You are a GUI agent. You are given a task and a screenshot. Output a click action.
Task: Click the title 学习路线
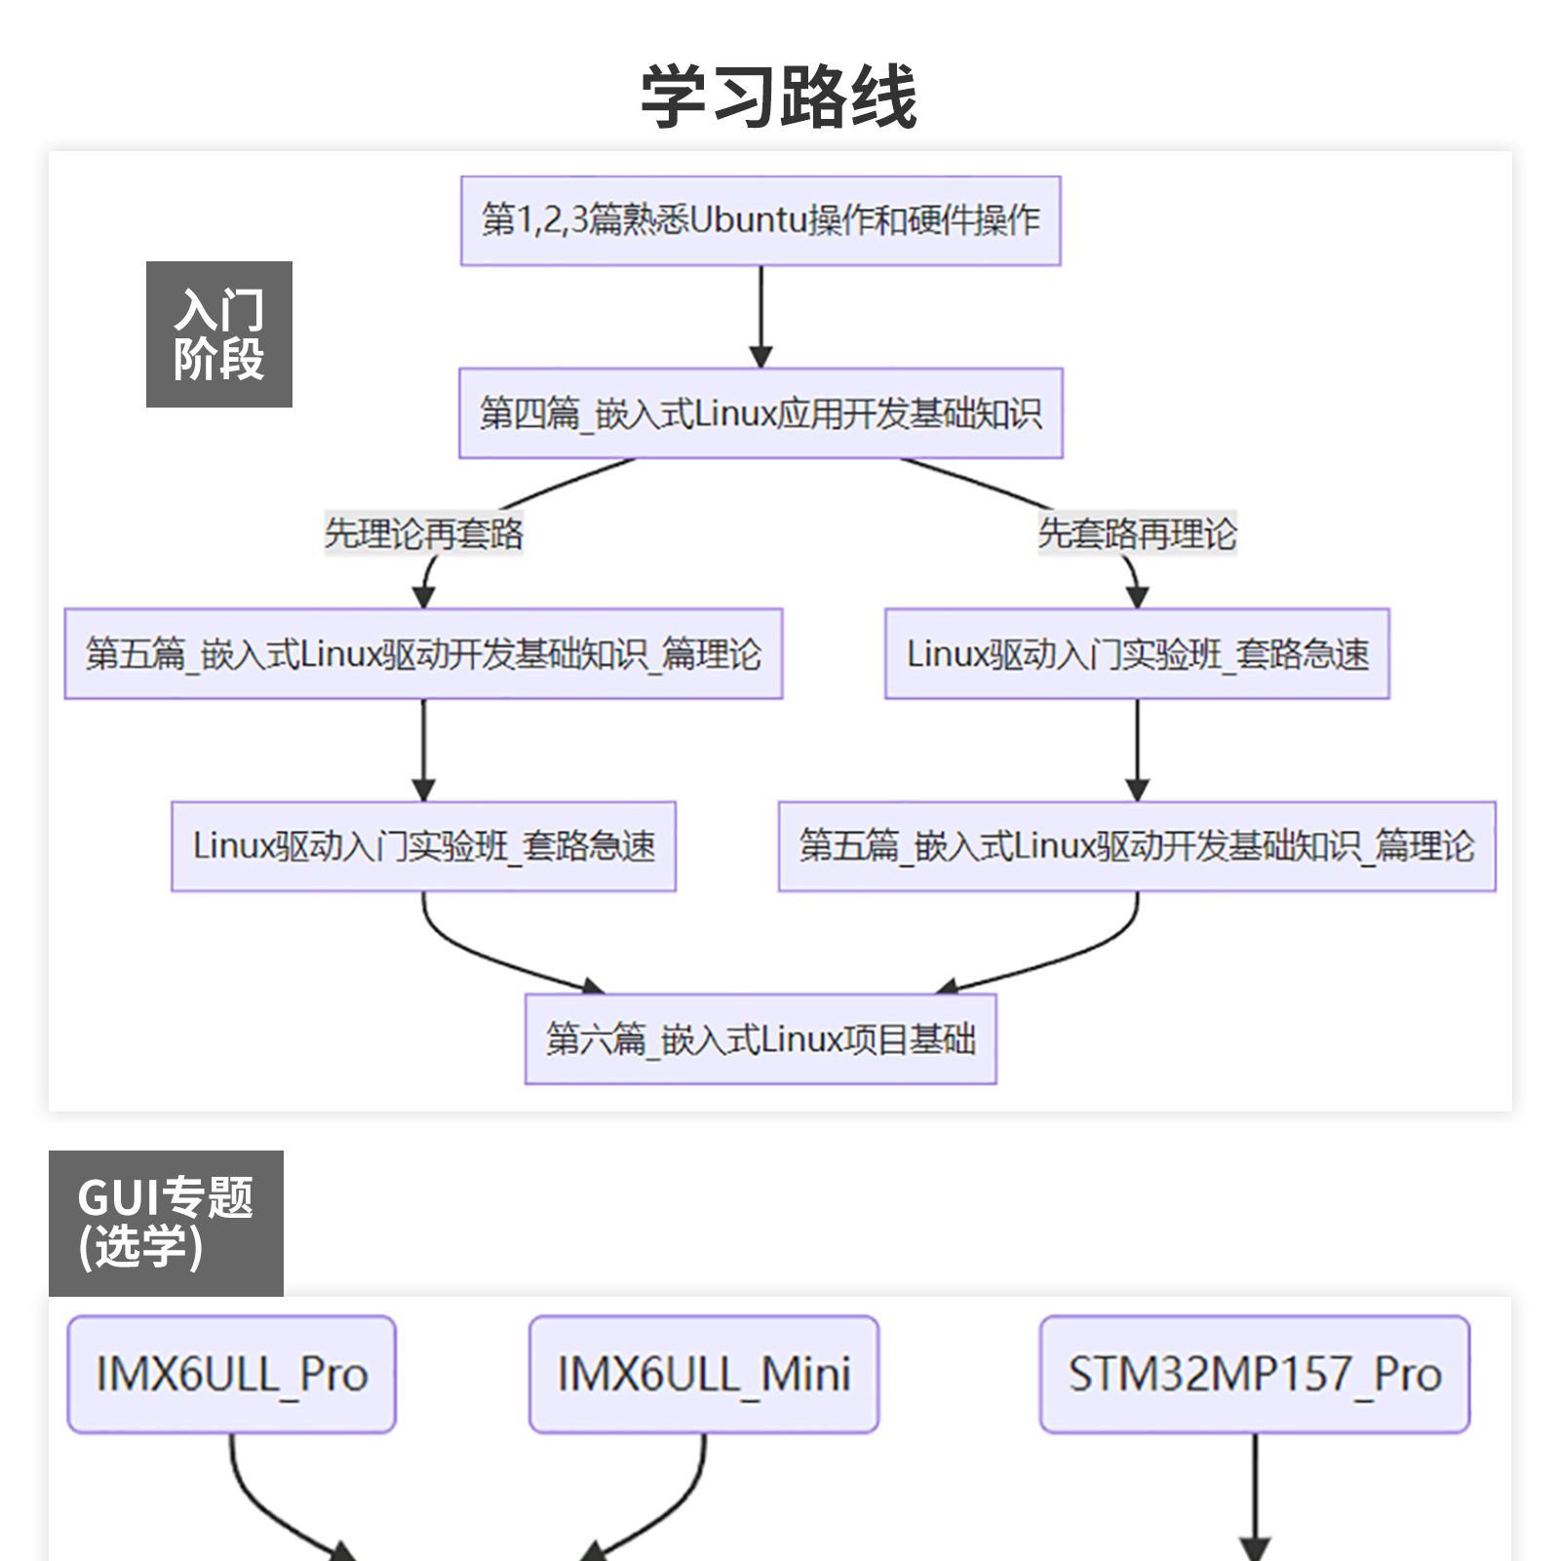click(778, 97)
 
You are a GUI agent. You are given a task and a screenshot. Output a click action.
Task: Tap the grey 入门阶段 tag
click(219, 333)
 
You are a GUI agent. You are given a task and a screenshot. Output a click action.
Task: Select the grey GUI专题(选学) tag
click(166, 1223)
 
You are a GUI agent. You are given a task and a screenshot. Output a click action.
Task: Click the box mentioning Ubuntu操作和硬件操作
click(760, 220)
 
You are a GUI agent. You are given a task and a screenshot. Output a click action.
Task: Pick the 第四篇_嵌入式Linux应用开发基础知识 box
click(760, 413)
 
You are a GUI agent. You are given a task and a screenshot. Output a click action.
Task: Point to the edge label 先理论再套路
click(423, 533)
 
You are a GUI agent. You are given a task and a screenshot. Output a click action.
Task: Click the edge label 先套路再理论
click(1137, 533)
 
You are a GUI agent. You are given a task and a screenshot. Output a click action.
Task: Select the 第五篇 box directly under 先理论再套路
click(423, 653)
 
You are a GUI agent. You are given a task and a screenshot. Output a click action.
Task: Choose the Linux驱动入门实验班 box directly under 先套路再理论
click(1137, 653)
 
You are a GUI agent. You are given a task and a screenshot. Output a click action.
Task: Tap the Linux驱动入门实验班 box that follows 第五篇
click(423, 846)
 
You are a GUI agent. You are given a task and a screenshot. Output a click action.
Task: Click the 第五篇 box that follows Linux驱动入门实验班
click(1137, 846)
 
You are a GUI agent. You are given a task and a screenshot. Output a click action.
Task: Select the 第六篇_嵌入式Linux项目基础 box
click(760, 1038)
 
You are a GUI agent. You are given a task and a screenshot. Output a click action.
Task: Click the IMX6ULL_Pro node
click(231, 1375)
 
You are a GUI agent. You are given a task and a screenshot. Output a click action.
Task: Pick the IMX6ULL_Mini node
click(703, 1375)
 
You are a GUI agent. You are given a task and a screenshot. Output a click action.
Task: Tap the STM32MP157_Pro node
click(1255, 1375)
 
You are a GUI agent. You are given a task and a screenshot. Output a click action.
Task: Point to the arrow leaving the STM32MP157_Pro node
click(1255, 1497)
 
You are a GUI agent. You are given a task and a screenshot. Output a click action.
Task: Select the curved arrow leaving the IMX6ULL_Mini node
click(673, 1506)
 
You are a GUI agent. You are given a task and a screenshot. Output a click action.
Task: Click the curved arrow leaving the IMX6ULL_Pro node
click(263, 1506)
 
